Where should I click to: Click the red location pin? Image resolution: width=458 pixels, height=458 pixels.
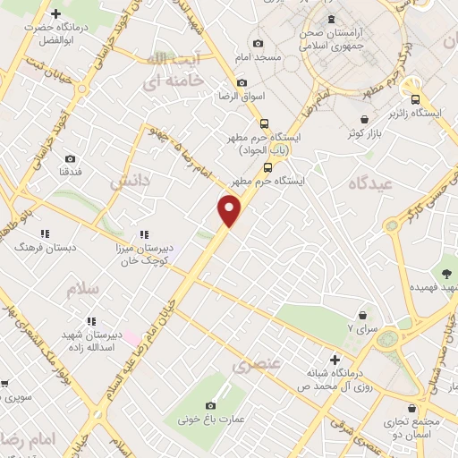coord(230,211)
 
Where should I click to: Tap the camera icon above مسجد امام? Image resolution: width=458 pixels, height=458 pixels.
coord(259,43)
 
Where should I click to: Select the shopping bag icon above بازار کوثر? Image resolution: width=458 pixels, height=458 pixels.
coord(364,119)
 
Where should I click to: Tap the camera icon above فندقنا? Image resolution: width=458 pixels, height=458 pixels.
coord(70,158)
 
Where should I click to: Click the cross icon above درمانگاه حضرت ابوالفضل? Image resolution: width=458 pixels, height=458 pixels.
coord(55,14)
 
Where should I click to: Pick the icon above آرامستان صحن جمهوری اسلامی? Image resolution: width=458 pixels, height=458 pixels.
coord(332,19)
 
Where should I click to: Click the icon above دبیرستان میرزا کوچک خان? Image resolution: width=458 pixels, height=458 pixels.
coord(145,234)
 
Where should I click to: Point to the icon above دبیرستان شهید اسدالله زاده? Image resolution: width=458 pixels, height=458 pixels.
coord(90,321)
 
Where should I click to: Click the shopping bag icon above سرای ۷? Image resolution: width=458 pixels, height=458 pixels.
coord(362,315)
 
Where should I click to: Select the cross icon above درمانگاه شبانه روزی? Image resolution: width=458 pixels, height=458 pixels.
coord(335,359)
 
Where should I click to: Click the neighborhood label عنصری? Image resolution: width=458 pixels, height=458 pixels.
coord(256,364)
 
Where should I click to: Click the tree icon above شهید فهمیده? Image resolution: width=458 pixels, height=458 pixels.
coord(445,272)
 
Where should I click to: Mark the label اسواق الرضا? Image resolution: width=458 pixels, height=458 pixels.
coord(240,96)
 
